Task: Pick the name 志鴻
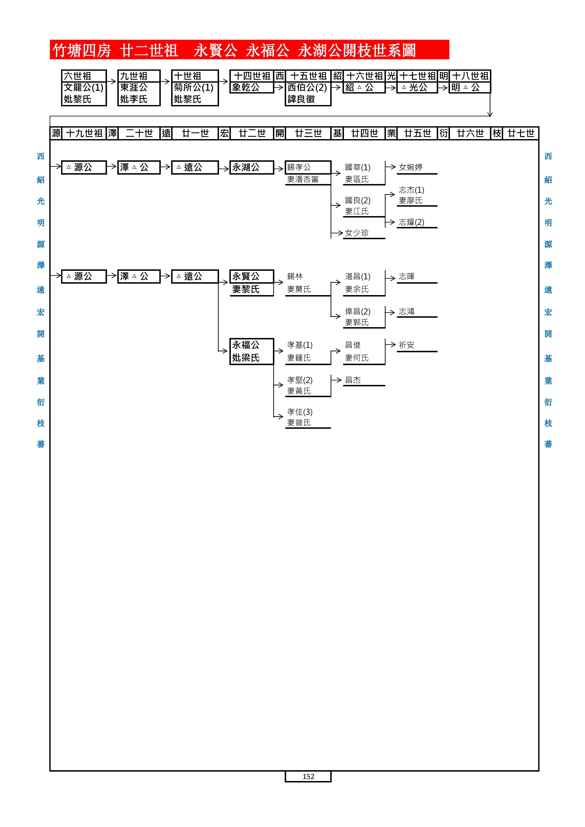[407, 312]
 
